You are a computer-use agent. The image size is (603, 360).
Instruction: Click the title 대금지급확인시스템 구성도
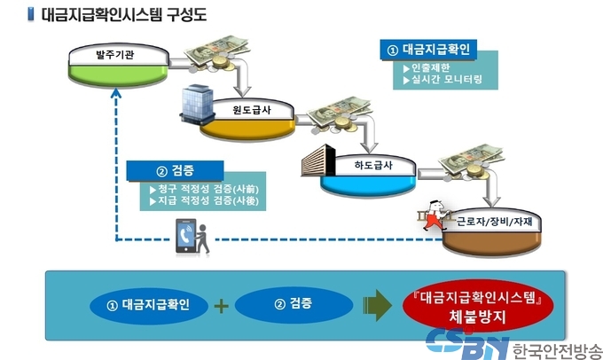click(124, 14)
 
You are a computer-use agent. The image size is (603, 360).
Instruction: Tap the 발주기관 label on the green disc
click(115, 54)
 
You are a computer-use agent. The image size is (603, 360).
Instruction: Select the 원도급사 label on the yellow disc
click(252, 110)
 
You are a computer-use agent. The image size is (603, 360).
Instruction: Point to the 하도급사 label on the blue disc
click(373, 165)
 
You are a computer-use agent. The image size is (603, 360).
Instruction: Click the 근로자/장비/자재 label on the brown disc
click(495, 221)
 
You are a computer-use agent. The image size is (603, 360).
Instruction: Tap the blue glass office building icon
click(197, 104)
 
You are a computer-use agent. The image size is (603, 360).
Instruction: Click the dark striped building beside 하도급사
click(318, 160)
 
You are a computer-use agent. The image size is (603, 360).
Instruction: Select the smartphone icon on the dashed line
click(185, 236)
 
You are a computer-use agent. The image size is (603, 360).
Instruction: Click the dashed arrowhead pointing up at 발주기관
click(116, 92)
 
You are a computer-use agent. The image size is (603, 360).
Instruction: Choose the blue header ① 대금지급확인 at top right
click(428, 50)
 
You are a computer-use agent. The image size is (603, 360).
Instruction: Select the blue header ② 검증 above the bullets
click(175, 171)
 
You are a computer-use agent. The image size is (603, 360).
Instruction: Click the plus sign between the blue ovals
click(221, 306)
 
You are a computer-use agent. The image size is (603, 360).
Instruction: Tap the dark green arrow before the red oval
click(377, 305)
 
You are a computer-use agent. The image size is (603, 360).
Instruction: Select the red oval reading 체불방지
click(478, 306)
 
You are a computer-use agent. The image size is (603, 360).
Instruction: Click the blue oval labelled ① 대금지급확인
click(149, 306)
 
